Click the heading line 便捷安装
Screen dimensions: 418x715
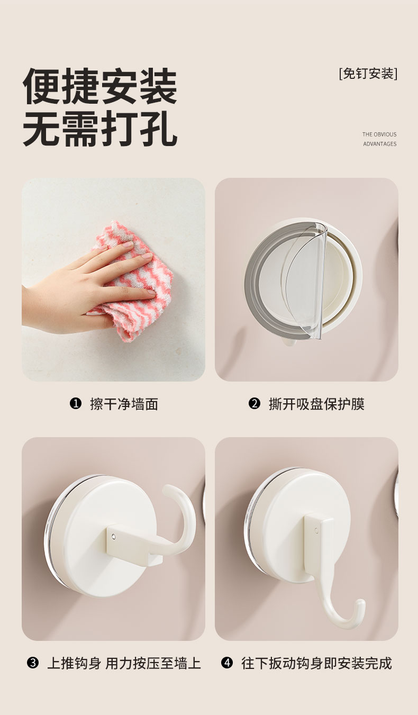(100, 86)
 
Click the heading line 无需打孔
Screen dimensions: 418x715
(100, 128)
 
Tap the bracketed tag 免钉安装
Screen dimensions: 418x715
(368, 74)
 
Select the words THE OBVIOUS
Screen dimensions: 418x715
(379, 134)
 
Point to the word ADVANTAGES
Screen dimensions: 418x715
(380, 144)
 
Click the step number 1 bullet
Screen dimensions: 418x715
(76, 403)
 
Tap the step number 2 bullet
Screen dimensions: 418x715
(255, 403)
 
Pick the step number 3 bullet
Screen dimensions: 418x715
(33, 663)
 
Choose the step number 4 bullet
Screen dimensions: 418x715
(227, 663)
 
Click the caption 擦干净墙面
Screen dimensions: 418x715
(124, 404)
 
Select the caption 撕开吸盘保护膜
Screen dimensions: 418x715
(316, 404)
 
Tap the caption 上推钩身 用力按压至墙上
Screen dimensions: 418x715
(124, 663)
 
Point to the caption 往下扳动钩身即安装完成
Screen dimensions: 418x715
(316, 663)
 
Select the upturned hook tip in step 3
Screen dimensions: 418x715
(169, 490)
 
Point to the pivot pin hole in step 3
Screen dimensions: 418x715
(114, 537)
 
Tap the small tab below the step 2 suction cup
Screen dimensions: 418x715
(289, 342)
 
